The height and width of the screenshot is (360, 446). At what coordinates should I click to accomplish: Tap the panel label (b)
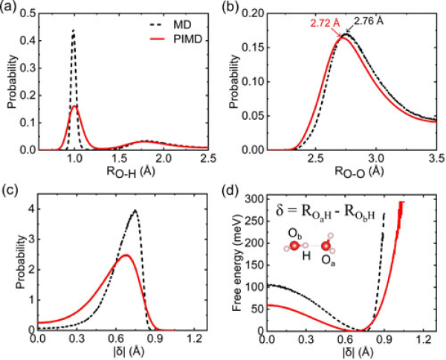tap(236, 8)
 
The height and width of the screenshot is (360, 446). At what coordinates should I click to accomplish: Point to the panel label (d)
tap(236, 186)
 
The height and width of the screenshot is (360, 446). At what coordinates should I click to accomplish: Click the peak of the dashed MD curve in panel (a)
tap(74, 30)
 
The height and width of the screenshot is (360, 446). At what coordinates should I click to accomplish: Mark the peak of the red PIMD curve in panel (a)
tap(74, 106)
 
